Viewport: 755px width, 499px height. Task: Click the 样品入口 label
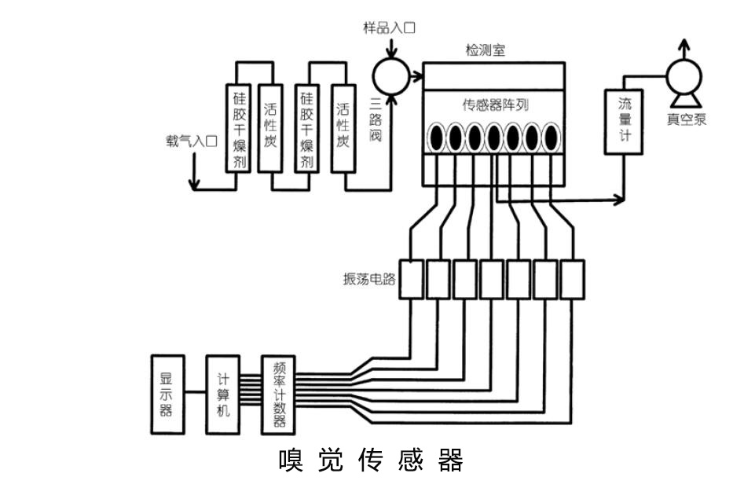(389, 28)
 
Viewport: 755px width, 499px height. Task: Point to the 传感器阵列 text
(493, 104)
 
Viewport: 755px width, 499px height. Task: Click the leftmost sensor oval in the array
(435, 138)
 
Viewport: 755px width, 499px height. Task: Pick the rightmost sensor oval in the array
(551, 138)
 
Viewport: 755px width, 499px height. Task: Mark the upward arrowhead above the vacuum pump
(685, 43)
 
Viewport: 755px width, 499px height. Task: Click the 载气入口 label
(191, 141)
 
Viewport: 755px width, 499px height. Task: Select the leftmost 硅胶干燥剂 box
(237, 128)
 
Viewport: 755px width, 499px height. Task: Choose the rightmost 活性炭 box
(342, 128)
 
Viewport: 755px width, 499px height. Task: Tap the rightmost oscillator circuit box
(573, 279)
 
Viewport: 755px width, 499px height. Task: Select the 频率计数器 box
(278, 394)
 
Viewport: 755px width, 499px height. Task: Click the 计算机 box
(223, 394)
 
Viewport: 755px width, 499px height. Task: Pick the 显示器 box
(167, 394)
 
